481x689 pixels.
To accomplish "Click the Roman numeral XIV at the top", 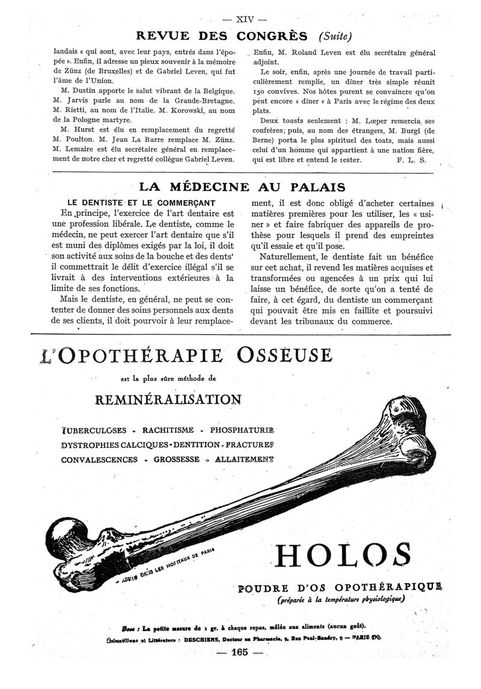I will coord(240,19).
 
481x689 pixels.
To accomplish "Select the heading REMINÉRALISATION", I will coord(168,399).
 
